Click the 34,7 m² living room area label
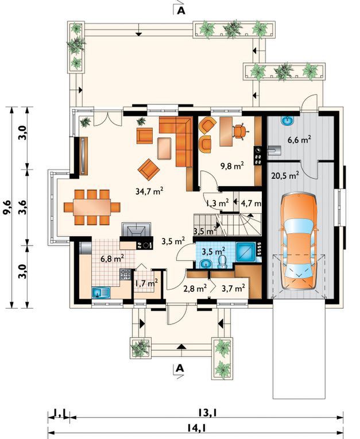pos(149,191)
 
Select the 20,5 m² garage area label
pos(285,176)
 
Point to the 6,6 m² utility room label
pos(299,140)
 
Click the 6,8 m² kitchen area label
pos(113,259)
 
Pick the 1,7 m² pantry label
pos(146,283)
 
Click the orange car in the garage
pos(300,241)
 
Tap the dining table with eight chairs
pos(92,207)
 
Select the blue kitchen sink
pos(100,293)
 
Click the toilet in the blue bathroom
pos(223,262)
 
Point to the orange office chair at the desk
pos(240,131)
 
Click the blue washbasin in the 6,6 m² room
pos(287,121)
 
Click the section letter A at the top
pos(181,10)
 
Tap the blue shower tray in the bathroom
pos(246,252)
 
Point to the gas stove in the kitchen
pos(125,275)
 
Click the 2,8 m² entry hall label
pos(195,288)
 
